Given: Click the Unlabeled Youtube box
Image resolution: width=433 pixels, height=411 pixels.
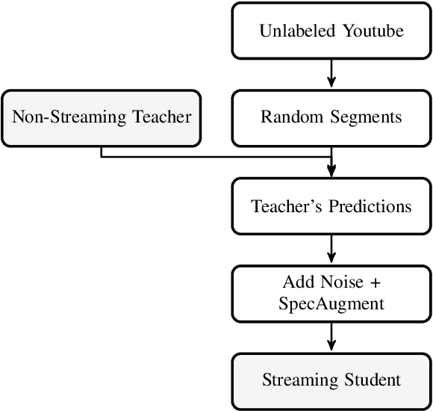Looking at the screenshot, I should coord(331,31).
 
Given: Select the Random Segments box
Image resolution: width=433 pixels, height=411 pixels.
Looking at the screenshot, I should coord(331,117).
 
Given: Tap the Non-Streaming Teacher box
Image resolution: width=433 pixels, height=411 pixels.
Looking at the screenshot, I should coord(102,117).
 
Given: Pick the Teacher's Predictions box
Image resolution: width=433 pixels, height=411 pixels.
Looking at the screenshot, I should coord(331,205).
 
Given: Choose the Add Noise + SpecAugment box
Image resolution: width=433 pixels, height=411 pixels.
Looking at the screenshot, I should coord(331,293).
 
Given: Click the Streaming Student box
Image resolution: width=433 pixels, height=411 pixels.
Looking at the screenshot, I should coord(331,380).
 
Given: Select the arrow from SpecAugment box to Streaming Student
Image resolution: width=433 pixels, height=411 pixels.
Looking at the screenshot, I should coord(331,336).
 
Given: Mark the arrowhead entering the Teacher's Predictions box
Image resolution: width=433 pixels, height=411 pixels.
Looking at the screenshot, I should coord(331,171).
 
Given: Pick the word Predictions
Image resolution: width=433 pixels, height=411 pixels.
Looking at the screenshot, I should coord(368,205).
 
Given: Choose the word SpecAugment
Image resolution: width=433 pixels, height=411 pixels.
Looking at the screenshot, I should coord(331,303).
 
